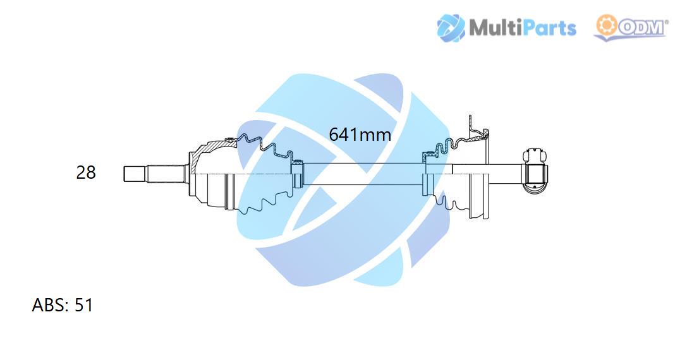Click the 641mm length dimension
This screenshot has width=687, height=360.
[x=360, y=135]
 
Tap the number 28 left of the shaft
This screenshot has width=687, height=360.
[x=86, y=172]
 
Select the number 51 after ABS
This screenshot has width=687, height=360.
[x=83, y=305]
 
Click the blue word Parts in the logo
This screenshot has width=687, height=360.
[x=549, y=28]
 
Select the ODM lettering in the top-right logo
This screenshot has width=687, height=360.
[x=641, y=28]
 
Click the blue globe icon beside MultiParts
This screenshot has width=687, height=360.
[x=451, y=28]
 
